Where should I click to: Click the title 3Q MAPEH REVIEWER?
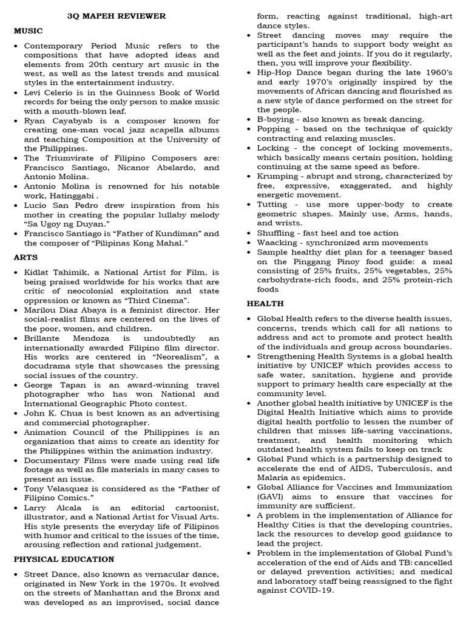[x=116, y=16]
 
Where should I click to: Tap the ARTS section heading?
[x=25, y=257]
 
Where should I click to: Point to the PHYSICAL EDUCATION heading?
[x=64, y=559]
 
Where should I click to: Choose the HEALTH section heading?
[x=265, y=303]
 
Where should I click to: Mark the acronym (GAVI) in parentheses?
[x=272, y=496]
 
